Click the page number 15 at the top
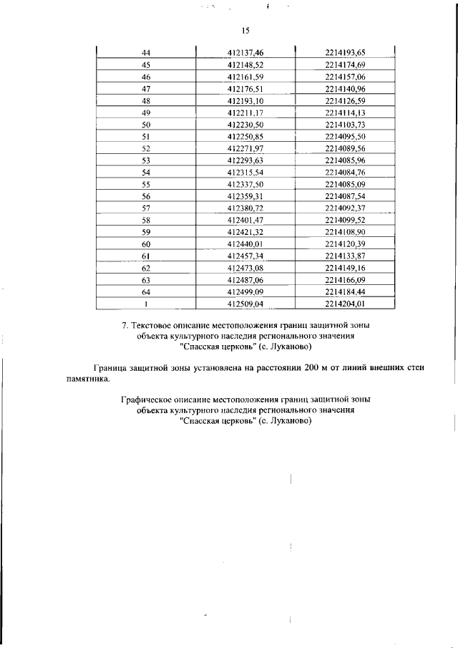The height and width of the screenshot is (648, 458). tap(245, 31)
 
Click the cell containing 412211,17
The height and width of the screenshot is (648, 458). tap(245, 113)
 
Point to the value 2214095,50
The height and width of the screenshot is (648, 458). tap(345, 137)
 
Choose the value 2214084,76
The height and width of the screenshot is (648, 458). tap(345, 173)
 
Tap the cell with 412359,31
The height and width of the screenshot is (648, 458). tap(245, 196)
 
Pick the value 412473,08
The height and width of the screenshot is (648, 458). tap(245, 268)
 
